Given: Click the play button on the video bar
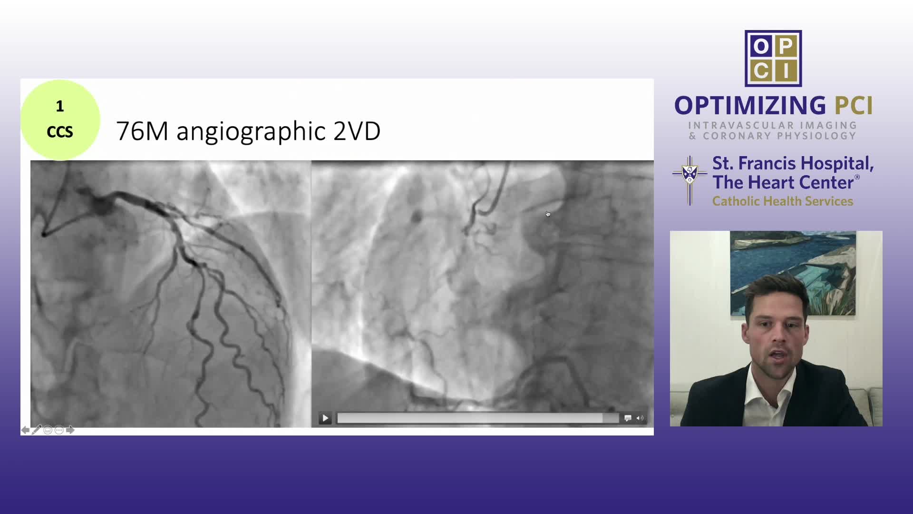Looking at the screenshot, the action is click(325, 418).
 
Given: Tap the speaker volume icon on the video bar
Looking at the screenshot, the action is click(640, 418).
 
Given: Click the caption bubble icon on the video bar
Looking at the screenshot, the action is click(628, 418).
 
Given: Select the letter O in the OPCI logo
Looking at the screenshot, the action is click(761, 46).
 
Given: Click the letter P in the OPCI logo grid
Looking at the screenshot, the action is click(786, 46).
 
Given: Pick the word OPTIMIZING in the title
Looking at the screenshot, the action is click(750, 106).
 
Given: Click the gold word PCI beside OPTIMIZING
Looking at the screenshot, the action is click(854, 106).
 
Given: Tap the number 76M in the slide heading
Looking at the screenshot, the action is click(142, 131).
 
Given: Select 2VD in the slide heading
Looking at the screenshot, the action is click(357, 131).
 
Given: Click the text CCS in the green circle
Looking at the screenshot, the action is click(60, 132).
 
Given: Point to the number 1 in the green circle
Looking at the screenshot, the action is click(60, 107).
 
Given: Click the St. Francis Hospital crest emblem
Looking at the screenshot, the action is click(690, 180).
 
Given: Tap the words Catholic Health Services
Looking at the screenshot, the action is click(783, 201).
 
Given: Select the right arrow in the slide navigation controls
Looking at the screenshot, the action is click(70, 430).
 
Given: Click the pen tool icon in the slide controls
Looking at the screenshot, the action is click(37, 430).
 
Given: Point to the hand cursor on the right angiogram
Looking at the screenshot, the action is click(548, 214).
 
